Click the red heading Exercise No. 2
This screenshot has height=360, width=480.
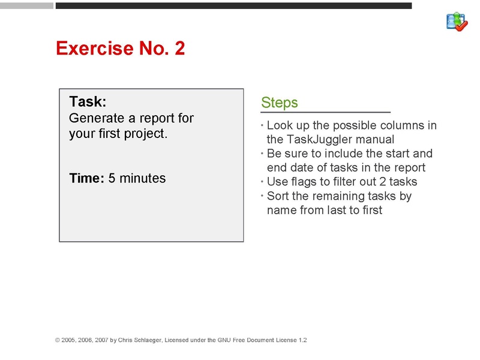click(x=120, y=48)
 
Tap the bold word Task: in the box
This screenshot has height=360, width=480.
click(x=88, y=101)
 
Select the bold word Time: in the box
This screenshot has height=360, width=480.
click(x=87, y=178)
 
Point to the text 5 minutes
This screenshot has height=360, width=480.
click(x=137, y=178)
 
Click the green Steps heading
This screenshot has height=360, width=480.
click(x=280, y=103)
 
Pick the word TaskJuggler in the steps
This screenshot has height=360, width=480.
click(x=323, y=139)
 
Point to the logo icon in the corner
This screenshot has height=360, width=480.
click(x=457, y=22)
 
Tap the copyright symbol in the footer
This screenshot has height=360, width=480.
click(x=58, y=340)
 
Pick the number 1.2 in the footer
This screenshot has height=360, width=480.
click(x=302, y=340)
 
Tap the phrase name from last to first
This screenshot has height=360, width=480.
click(x=325, y=210)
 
